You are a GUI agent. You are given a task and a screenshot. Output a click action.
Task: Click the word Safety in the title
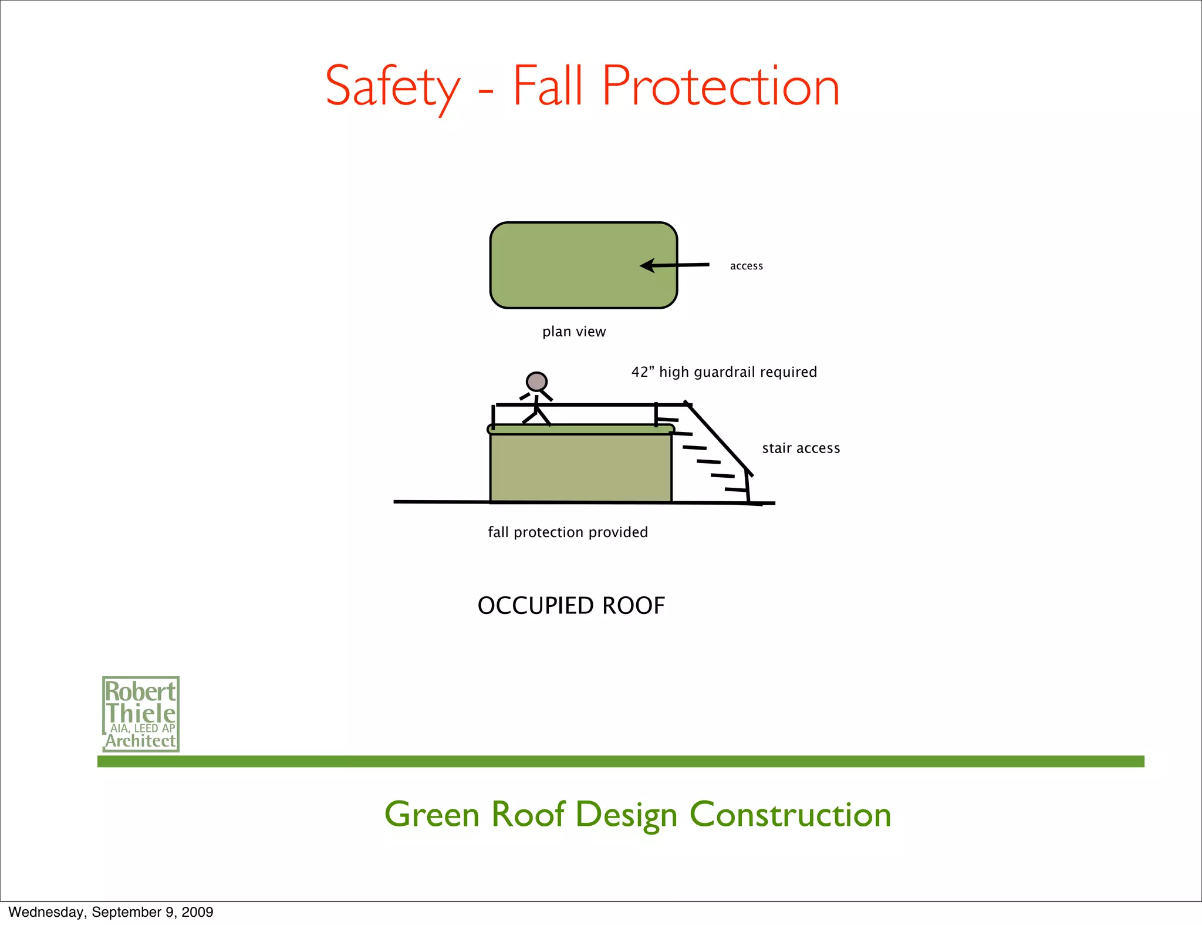(392, 87)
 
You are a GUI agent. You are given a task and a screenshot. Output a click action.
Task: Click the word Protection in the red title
(720, 87)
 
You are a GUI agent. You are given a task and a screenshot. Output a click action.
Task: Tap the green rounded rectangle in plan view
(563, 265)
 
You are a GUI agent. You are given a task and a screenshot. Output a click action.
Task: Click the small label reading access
(746, 266)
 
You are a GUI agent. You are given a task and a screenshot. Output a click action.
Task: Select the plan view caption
(573, 332)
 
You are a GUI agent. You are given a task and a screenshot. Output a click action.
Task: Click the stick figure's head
(536, 382)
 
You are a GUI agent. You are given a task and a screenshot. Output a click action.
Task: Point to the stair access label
(801, 448)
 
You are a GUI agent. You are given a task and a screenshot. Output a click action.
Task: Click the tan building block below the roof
(580, 468)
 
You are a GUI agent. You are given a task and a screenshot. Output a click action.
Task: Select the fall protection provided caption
(568, 532)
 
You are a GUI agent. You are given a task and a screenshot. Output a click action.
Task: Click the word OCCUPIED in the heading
(536, 606)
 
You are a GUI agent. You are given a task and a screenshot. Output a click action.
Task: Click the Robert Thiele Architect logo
(140, 714)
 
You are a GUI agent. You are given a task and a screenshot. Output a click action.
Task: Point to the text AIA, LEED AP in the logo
(143, 728)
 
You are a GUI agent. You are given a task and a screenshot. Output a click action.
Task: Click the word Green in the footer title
(432, 815)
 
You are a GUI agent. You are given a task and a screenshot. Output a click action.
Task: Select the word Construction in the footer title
(790, 815)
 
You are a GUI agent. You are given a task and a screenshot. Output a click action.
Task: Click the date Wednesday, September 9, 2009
(111, 912)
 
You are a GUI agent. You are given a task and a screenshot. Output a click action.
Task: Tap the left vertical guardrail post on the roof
(493, 417)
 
